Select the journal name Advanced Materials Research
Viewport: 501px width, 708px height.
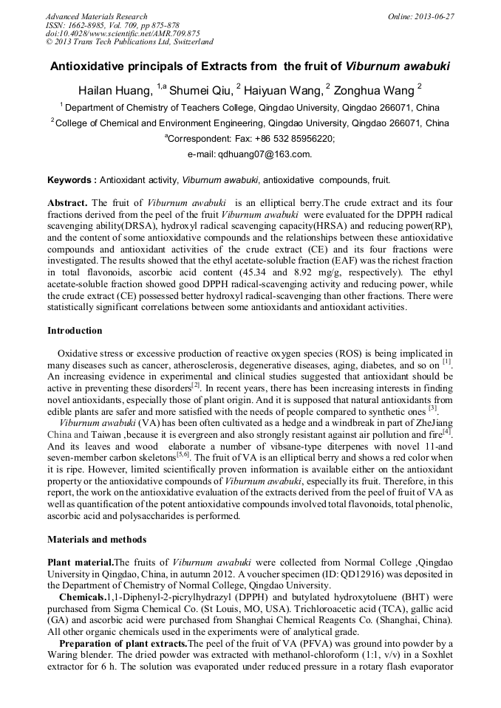(x=96, y=16)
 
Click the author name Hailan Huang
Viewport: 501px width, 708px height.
(x=116, y=90)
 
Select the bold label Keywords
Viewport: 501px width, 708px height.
(x=71, y=179)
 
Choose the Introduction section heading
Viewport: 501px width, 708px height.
(x=75, y=330)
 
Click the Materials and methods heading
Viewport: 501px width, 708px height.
(x=96, y=539)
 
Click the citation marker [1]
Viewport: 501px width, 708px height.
(x=446, y=361)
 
